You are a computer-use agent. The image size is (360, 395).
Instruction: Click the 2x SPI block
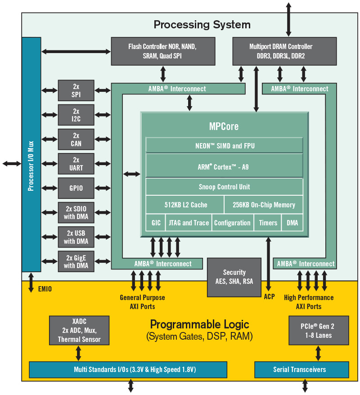pos(76,90)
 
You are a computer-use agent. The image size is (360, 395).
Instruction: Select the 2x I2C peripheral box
pos(76,115)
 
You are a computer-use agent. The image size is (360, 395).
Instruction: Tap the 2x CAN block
pos(76,139)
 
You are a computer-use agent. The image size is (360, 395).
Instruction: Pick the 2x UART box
pos(76,164)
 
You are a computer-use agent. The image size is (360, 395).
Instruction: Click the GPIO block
pos(76,188)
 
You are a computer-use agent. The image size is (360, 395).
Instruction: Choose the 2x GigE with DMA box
pos(76,261)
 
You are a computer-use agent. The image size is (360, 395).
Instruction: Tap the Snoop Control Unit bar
pos(224,187)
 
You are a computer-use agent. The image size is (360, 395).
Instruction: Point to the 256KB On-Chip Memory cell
pos(264,205)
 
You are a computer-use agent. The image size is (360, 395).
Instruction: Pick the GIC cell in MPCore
pos(155,223)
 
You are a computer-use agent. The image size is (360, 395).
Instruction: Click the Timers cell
pos(268,223)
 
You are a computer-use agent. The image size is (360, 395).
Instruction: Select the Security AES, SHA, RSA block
pos(234,277)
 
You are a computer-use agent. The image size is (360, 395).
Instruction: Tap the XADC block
pos(79,331)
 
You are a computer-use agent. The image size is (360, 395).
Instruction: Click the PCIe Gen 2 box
pos(318,331)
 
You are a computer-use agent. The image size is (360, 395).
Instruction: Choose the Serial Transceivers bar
pos(301,369)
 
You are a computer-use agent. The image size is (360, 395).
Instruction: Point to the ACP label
pos(269,297)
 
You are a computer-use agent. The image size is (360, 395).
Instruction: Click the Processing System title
pos(202,24)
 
